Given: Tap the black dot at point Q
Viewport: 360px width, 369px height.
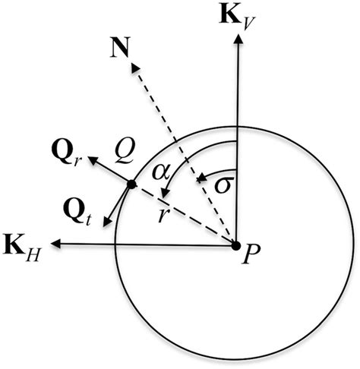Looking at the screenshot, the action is click(x=131, y=184).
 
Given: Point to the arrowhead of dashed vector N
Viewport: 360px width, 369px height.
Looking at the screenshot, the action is click(x=134, y=67).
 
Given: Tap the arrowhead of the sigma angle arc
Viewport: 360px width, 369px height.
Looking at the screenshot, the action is click(x=200, y=178).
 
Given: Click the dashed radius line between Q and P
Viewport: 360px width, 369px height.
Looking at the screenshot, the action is click(x=186, y=216).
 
